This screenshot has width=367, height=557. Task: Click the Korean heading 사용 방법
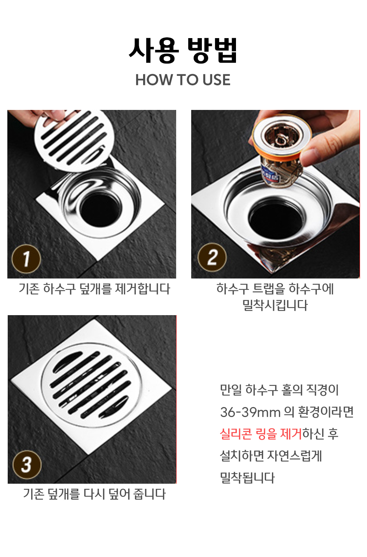(183, 51)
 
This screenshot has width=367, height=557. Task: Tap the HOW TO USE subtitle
(183, 80)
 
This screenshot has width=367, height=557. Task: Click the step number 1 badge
(26, 259)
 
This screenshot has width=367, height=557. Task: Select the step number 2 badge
(212, 257)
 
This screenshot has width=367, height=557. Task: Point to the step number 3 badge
(27, 465)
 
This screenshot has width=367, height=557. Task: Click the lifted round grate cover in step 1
(75, 141)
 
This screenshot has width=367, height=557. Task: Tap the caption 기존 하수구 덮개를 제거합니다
(94, 289)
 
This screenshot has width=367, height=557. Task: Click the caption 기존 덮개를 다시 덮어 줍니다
(94, 494)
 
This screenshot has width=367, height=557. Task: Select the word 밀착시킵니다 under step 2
(275, 305)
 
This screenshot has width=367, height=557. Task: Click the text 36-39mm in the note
(250, 412)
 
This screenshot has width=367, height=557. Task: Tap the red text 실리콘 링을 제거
(261, 434)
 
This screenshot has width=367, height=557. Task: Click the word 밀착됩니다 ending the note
(247, 478)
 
